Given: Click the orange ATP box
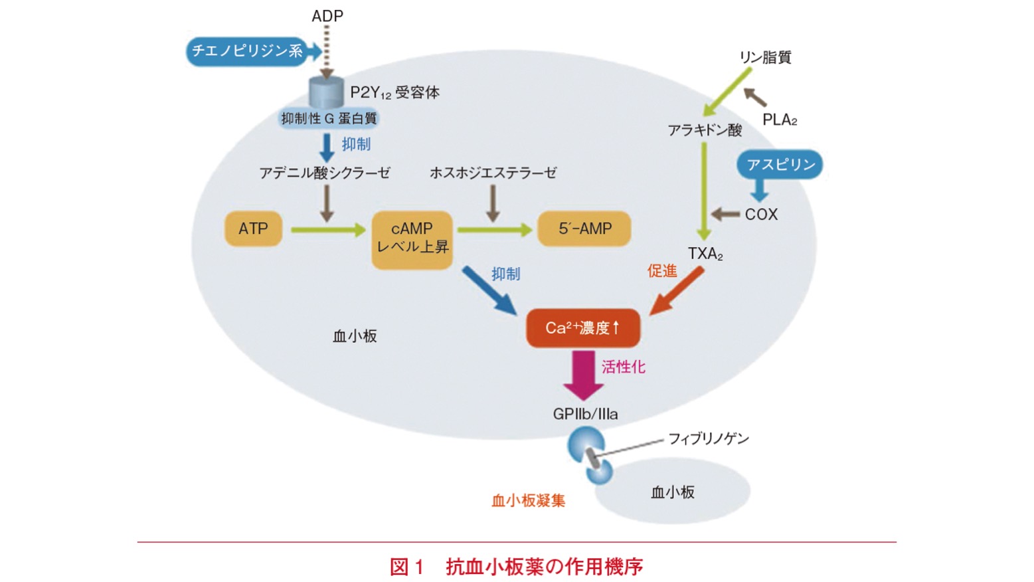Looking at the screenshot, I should [253, 229].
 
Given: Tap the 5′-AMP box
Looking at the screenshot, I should [584, 229].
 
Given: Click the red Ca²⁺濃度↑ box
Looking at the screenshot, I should [582, 328].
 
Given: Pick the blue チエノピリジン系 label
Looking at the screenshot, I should [248, 51].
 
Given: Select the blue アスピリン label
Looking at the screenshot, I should [780, 165].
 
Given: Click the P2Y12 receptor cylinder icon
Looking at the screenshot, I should [326, 92].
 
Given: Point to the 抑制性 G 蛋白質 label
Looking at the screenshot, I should [329, 119].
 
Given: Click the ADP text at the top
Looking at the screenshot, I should [327, 16].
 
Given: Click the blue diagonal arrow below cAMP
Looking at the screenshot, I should [489, 290].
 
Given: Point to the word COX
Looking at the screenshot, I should [761, 215].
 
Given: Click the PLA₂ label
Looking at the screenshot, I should [779, 120].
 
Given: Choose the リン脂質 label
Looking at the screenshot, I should [765, 58].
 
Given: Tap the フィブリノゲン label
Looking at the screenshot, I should [708, 438].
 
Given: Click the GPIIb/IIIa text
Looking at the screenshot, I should [585, 414].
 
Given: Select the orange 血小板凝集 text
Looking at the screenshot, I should [528, 500].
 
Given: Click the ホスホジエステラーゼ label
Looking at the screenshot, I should [493, 173].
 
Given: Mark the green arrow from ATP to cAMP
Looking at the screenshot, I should [328, 230].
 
